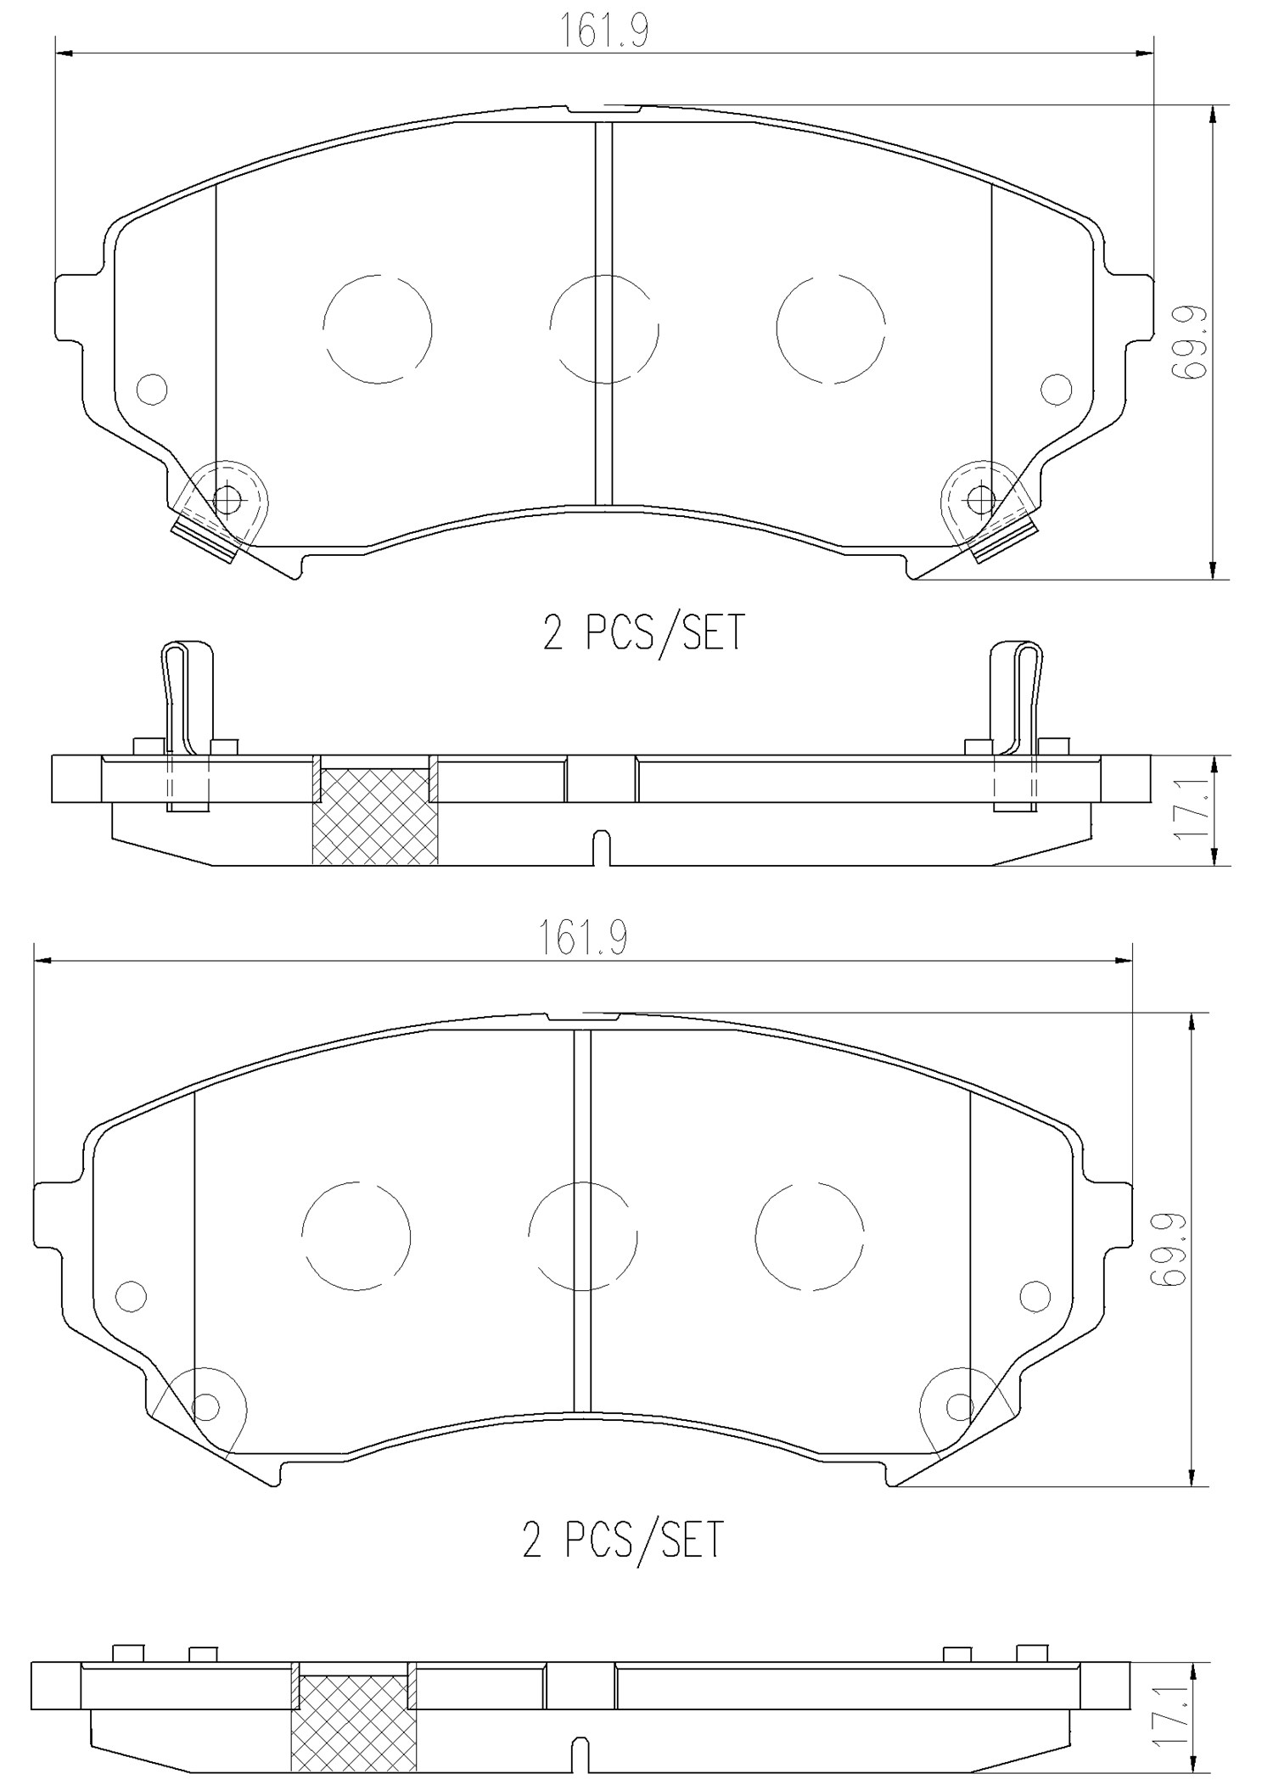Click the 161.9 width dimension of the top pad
click(603, 32)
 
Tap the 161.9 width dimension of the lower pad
click(582, 939)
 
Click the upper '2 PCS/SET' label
click(643, 632)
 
